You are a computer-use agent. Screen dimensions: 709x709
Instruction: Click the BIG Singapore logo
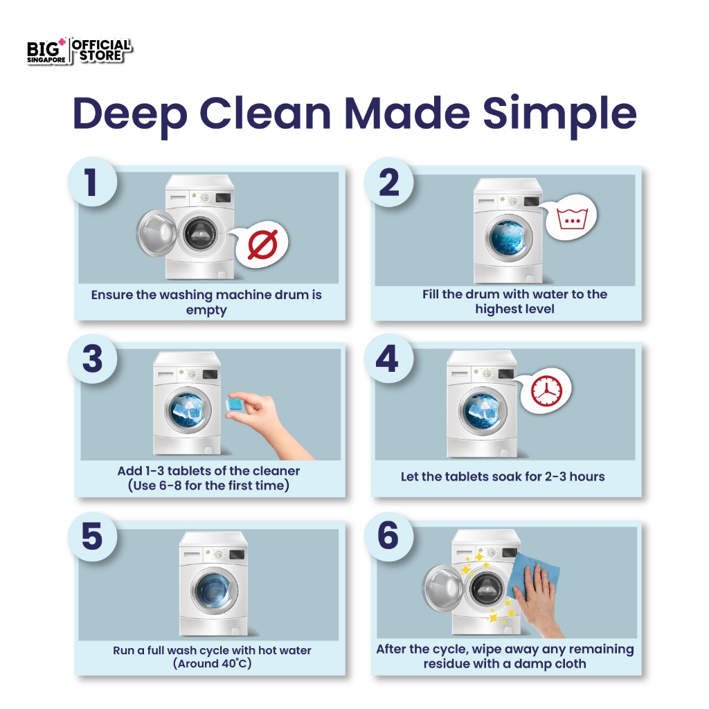(x=46, y=51)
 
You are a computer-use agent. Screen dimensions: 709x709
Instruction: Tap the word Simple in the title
(x=559, y=115)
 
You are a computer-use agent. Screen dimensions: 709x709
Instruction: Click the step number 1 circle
(x=92, y=182)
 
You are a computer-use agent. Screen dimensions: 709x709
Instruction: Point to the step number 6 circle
(x=388, y=537)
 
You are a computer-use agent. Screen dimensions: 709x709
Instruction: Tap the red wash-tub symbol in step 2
(x=572, y=219)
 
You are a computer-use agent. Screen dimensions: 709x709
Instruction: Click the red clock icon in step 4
(x=547, y=391)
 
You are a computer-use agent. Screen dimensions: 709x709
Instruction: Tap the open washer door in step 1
(x=156, y=234)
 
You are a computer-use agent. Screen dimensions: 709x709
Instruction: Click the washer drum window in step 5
(x=215, y=591)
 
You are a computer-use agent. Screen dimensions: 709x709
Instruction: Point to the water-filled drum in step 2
(x=509, y=237)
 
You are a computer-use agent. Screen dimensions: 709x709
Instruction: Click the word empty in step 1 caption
(x=206, y=311)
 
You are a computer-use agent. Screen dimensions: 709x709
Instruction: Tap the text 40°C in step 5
(x=233, y=664)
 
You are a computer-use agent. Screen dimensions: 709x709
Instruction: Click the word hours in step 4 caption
(x=587, y=476)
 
